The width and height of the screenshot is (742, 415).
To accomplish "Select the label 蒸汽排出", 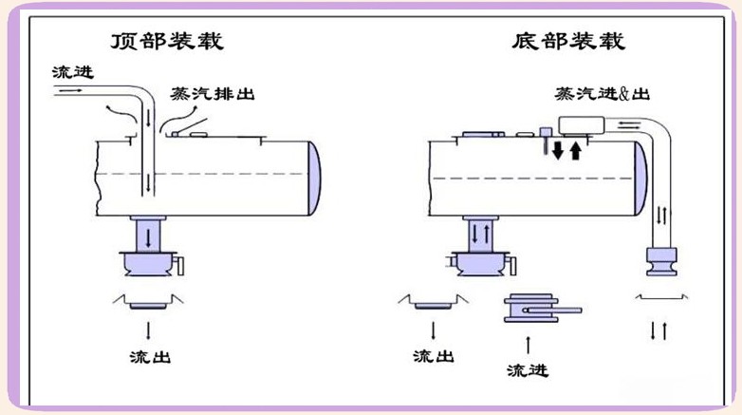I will coord(212,95).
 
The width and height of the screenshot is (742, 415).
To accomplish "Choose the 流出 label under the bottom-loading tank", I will coord(434,358).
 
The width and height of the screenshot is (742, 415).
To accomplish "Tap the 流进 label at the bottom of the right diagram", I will coord(527,369).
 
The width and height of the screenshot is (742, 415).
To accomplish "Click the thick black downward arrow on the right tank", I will coord(559,150).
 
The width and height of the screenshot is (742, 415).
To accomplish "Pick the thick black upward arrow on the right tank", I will coord(576,150).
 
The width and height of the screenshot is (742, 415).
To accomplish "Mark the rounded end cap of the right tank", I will coord(643,177).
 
